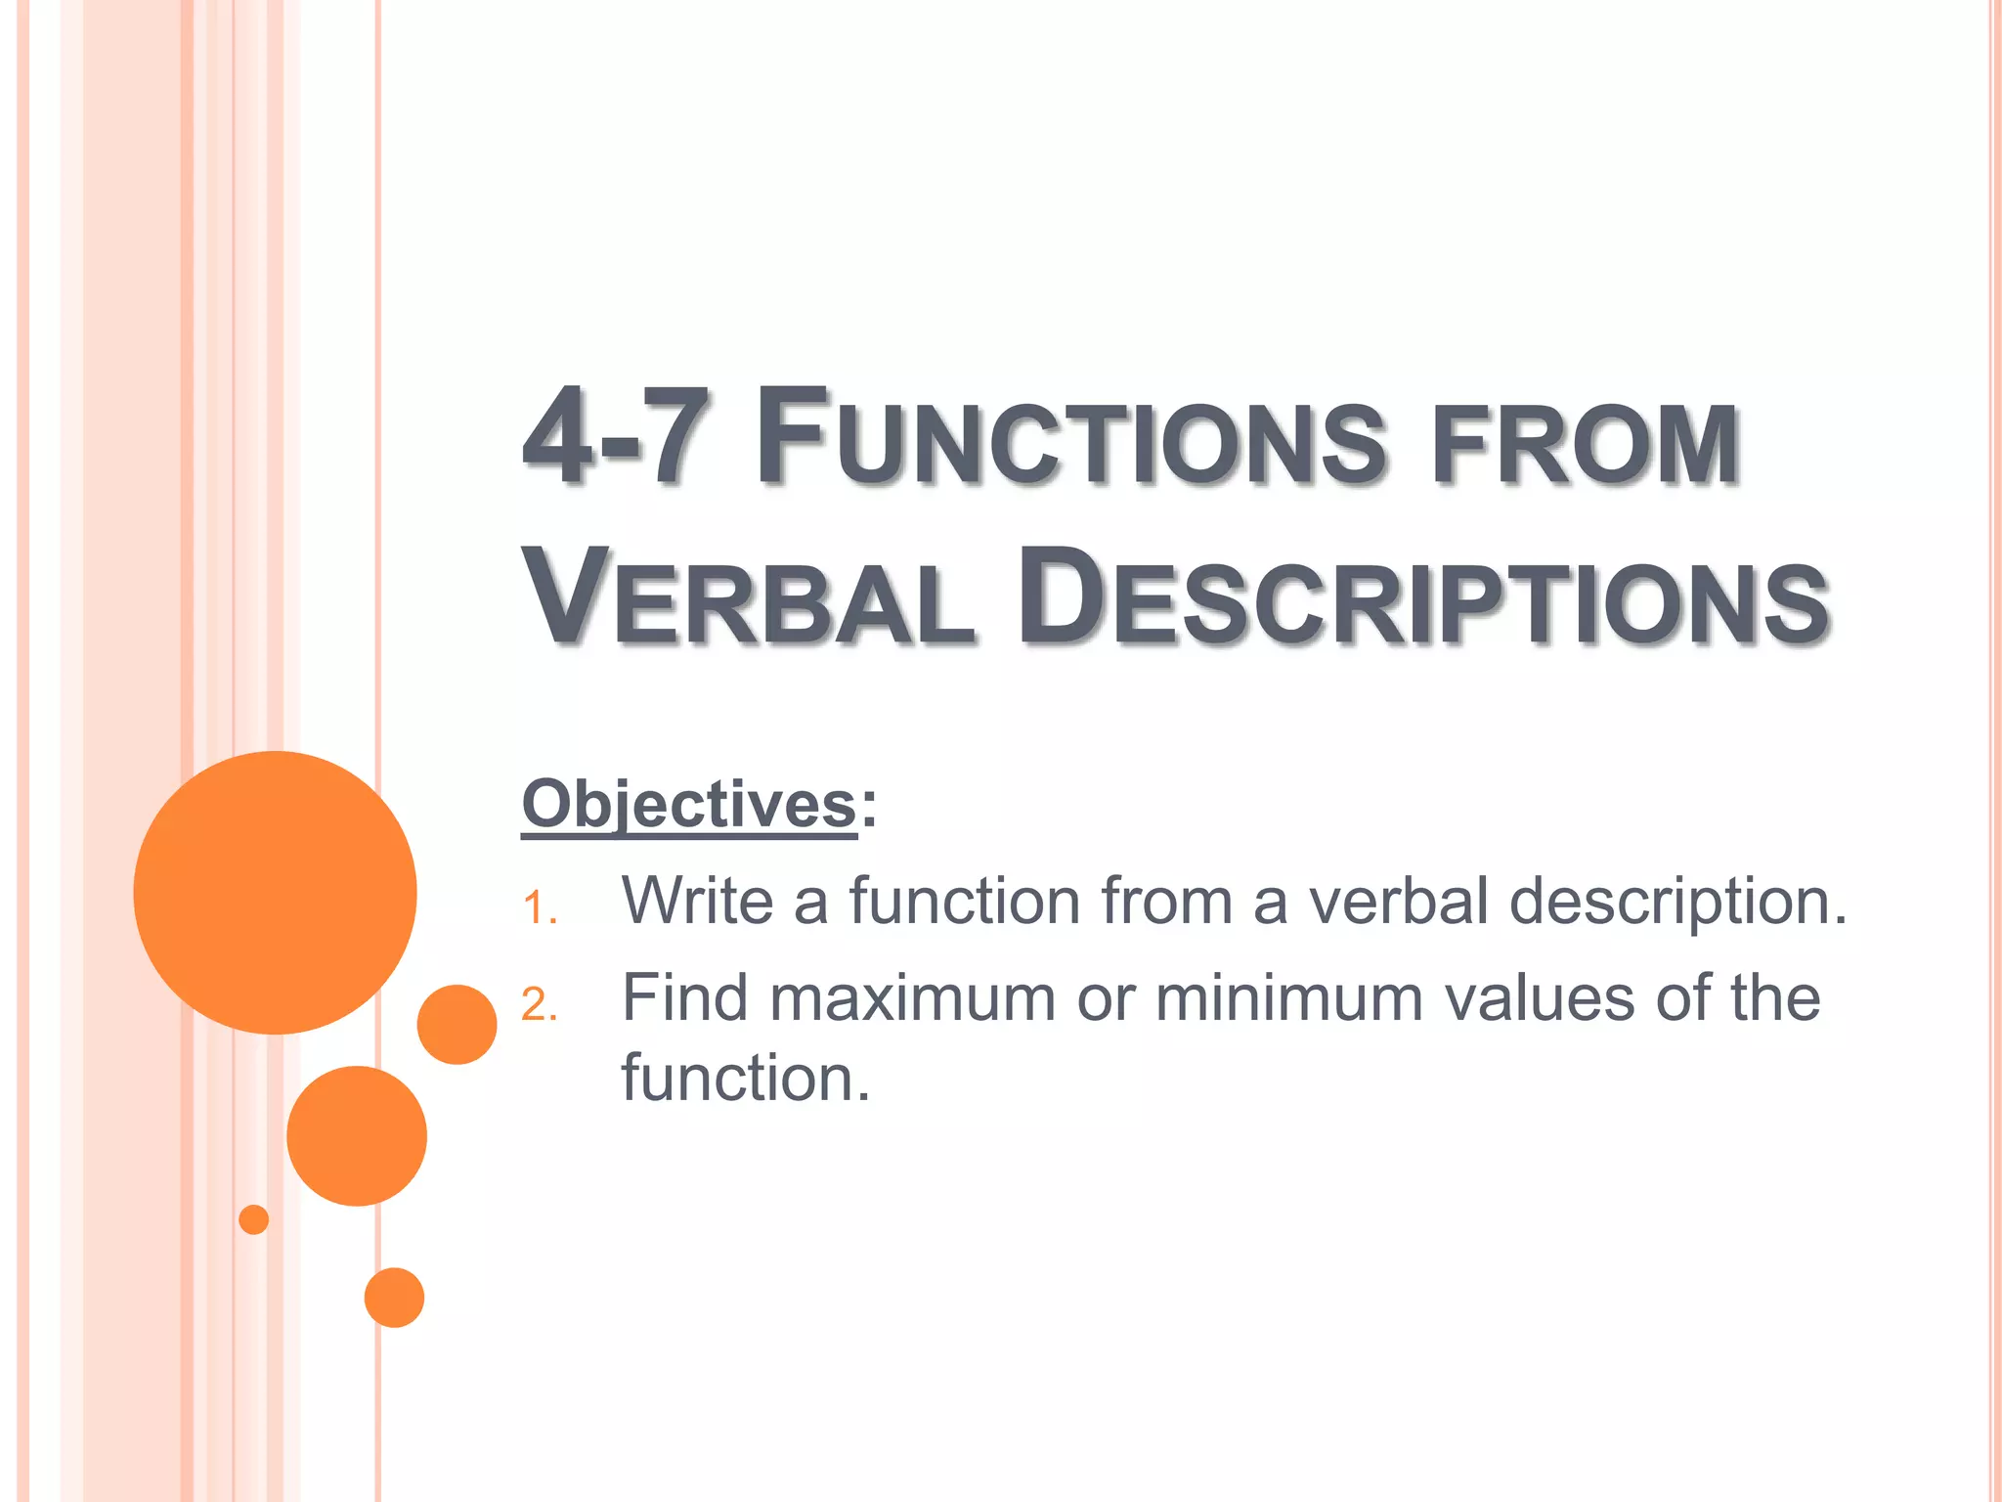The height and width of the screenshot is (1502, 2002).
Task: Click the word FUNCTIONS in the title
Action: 1070,437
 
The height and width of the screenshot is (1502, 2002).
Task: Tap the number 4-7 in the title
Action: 614,437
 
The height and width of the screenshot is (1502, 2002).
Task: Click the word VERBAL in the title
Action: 748,598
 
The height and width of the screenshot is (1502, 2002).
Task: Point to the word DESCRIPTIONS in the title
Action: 1422,598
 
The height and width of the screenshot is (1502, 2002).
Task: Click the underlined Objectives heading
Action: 689,805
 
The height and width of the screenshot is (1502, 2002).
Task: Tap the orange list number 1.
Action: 539,908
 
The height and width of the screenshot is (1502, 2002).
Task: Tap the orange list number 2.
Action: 539,1005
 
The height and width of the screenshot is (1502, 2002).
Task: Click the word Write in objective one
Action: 698,900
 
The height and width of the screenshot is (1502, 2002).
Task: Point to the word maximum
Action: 912,999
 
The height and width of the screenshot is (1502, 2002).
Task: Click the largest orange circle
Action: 275,892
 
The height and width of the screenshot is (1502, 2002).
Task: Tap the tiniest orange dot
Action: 254,1219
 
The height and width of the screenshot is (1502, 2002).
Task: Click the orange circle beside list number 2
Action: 457,1024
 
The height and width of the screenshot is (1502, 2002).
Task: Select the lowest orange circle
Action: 394,1298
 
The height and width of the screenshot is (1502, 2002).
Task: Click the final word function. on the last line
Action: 745,1079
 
